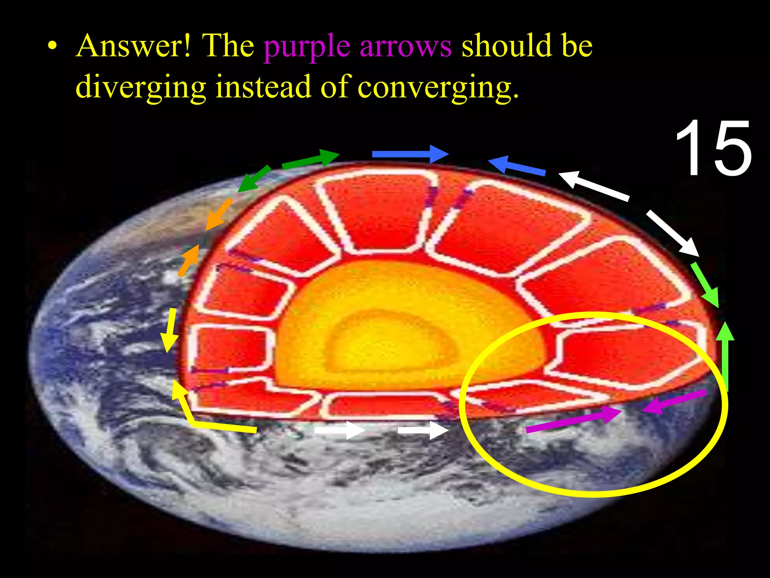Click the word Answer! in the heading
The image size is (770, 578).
click(x=133, y=46)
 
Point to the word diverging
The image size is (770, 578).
click(x=141, y=87)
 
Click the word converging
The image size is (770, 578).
click(x=438, y=87)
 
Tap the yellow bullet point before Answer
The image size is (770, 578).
click(x=53, y=47)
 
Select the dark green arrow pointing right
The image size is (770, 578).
click(x=310, y=159)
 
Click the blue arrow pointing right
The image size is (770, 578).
click(x=410, y=154)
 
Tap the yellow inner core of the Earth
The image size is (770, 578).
click(x=391, y=341)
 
